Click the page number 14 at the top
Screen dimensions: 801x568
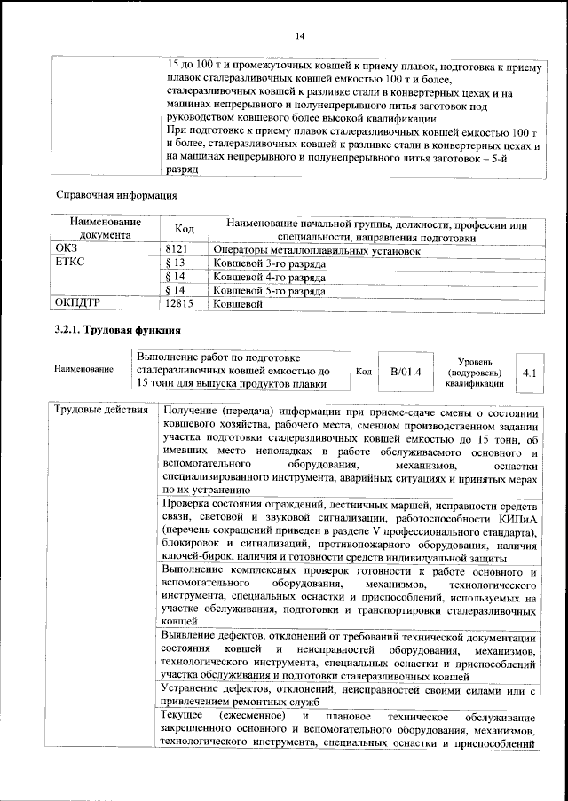(x=300, y=35)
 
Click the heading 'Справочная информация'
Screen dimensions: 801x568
(x=116, y=194)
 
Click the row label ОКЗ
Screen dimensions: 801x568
(x=67, y=251)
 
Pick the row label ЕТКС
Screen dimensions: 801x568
(x=71, y=264)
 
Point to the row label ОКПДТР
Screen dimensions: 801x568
(x=80, y=303)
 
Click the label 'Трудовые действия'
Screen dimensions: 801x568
(x=95, y=412)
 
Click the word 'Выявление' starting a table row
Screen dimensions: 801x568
(x=194, y=637)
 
